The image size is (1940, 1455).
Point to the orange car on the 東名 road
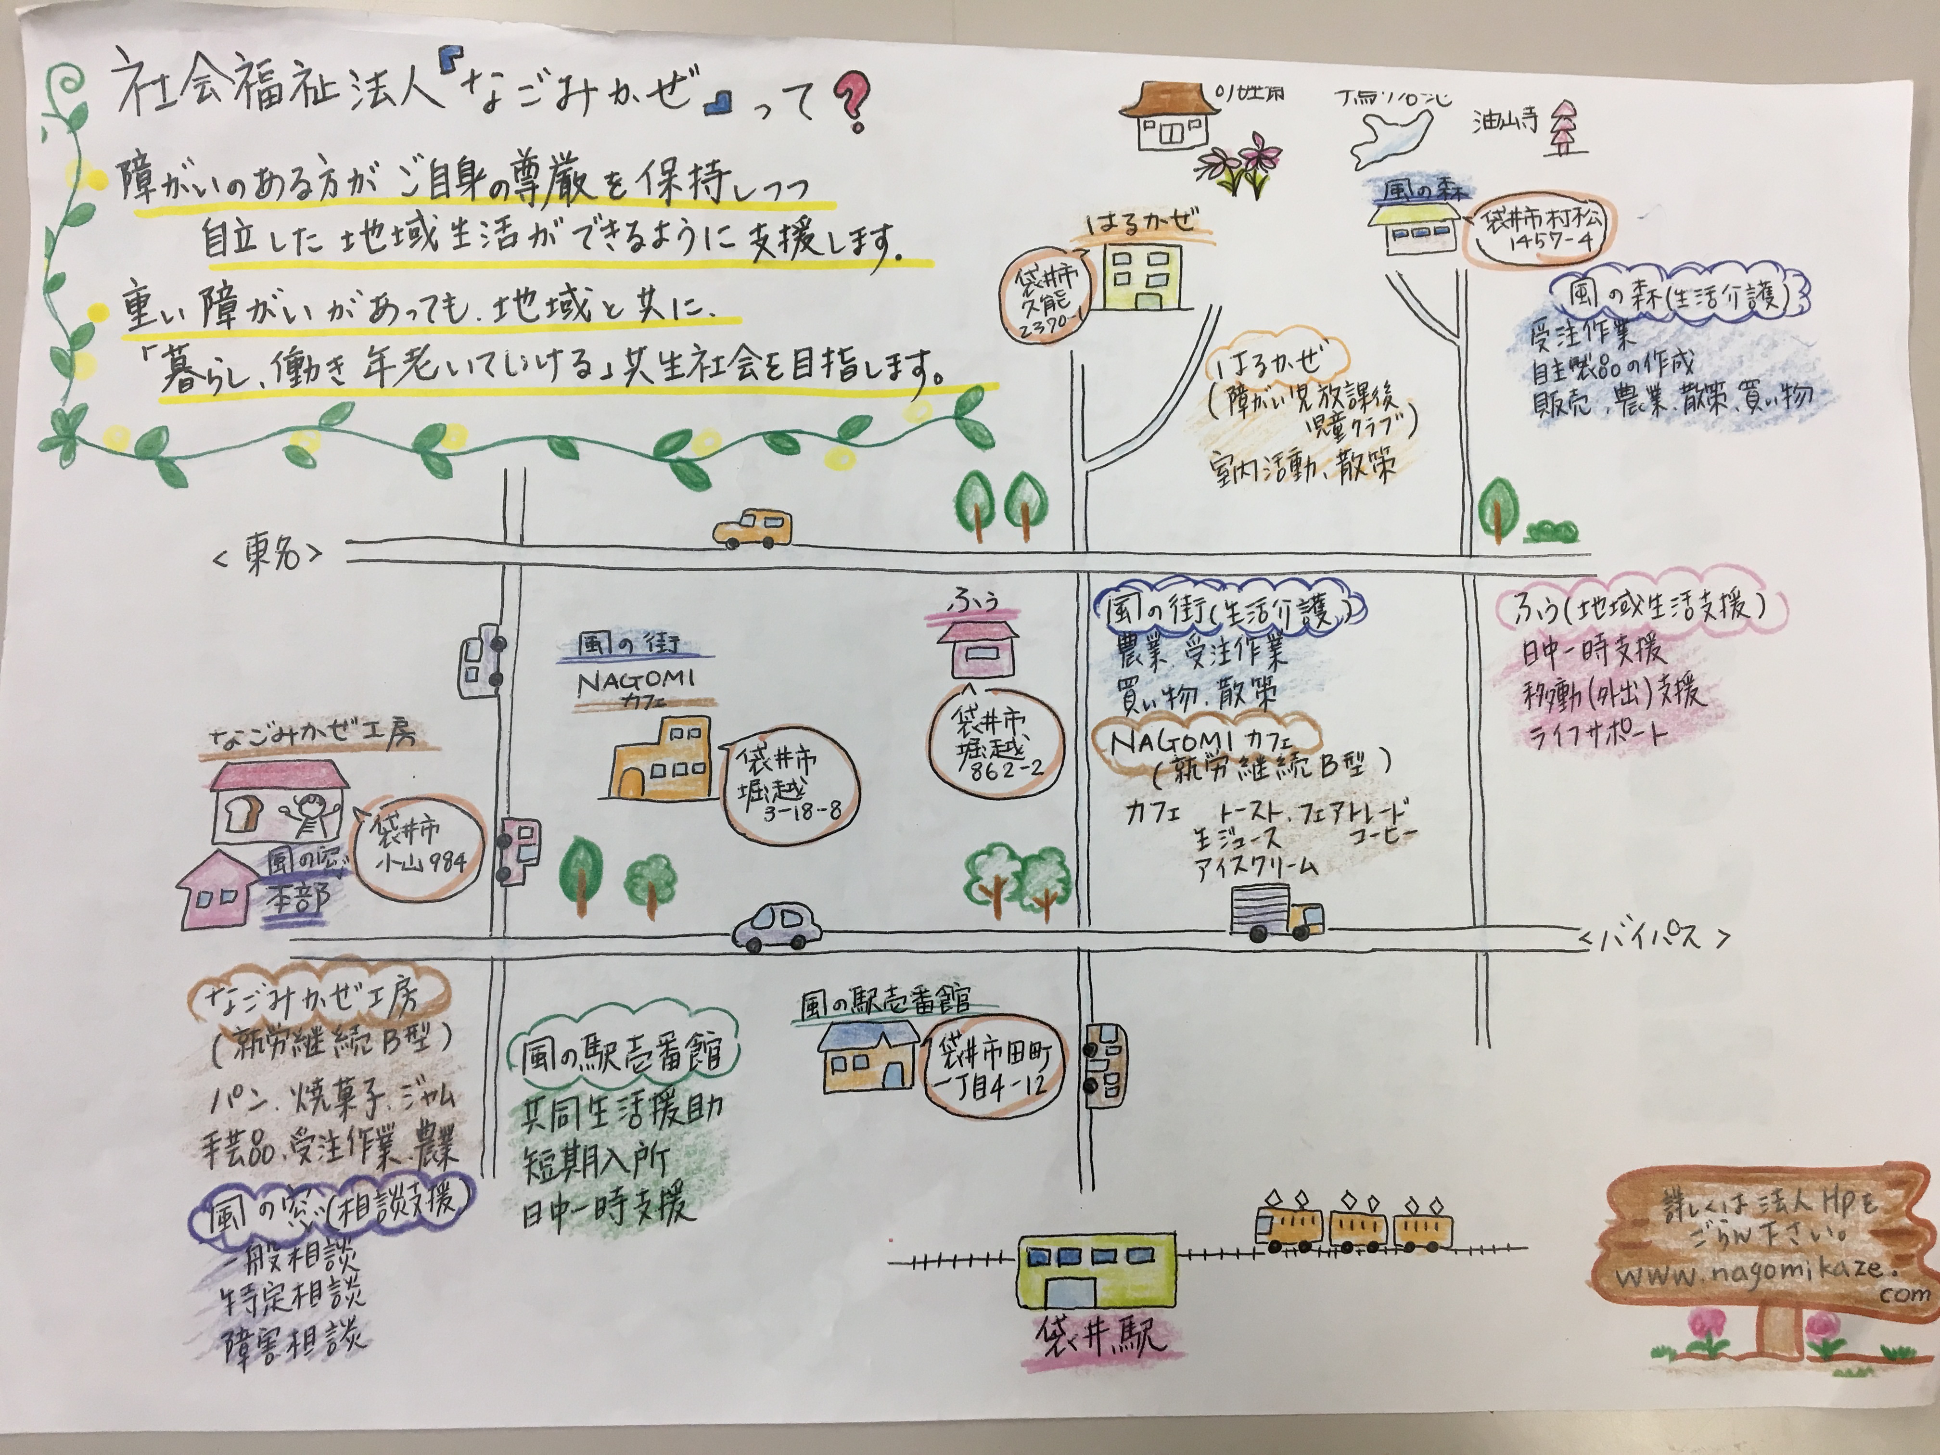point(753,529)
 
